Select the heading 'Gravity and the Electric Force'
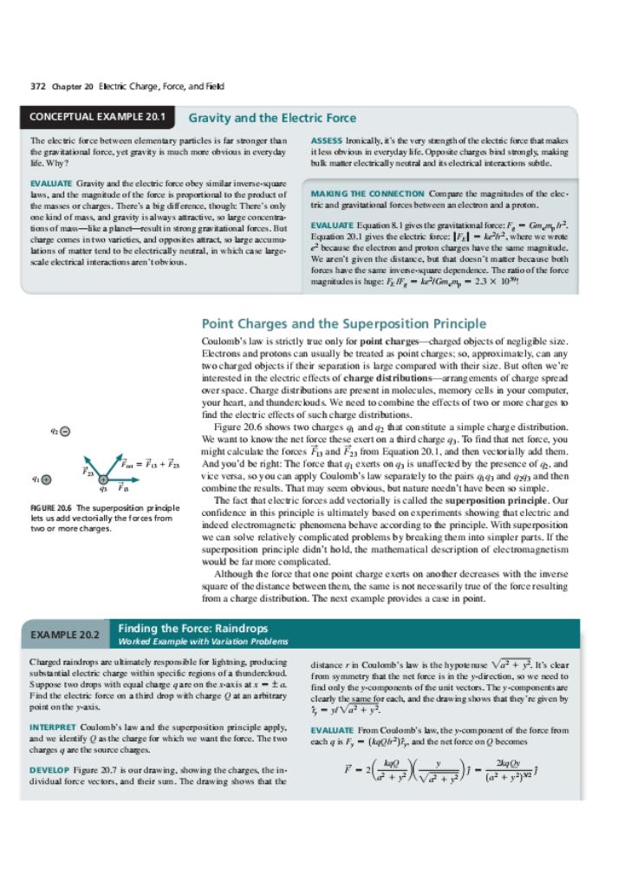coord(272,117)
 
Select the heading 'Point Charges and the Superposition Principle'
coord(343,323)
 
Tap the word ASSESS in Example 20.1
coord(325,140)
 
